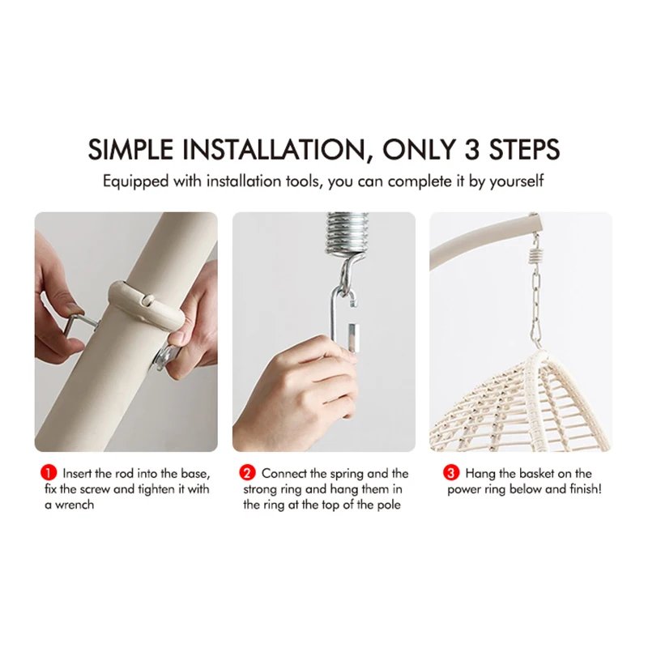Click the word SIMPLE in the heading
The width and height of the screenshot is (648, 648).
click(130, 149)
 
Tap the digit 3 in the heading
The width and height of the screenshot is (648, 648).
click(471, 149)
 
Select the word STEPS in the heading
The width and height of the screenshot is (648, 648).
click(524, 149)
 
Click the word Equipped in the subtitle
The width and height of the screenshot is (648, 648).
click(135, 181)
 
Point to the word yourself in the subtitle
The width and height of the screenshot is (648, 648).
click(517, 181)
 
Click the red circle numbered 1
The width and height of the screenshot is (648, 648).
click(49, 473)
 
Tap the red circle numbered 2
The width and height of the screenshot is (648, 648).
click(247, 473)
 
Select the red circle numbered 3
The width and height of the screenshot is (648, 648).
click(451, 473)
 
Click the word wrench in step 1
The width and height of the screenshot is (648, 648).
click(75, 505)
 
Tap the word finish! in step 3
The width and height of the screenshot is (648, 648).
click(586, 489)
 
